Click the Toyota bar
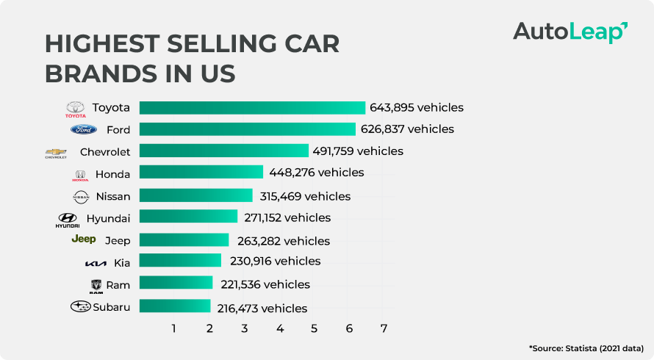(x=252, y=108)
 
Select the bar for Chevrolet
(x=223, y=151)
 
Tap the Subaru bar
(x=175, y=306)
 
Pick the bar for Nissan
(x=195, y=195)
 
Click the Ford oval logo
(x=83, y=130)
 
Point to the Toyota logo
(x=76, y=109)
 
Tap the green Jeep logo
(x=83, y=240)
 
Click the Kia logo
(x=96, y=263)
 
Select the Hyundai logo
(x=68, y=220)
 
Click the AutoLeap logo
(x=569, y=32)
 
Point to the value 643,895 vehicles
(x=417, y=108)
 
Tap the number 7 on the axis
(x=384, y=328)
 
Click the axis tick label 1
(x=174, y=328)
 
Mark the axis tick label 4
(x=280, y=328)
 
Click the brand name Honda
(x=112, y=175)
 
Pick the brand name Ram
(x=118, y=285)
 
